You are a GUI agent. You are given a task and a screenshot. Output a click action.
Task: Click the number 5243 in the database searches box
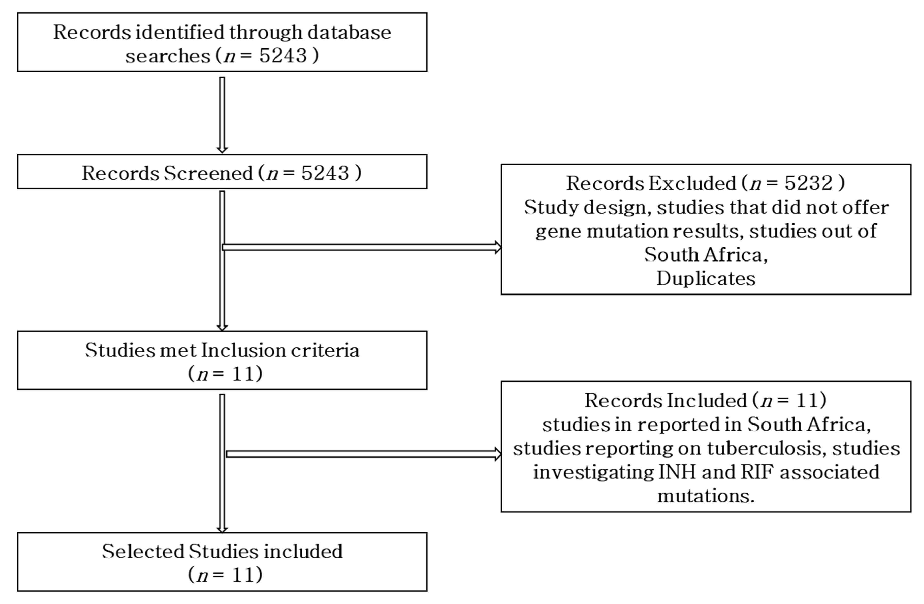283,56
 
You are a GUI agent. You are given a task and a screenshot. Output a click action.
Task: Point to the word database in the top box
349,32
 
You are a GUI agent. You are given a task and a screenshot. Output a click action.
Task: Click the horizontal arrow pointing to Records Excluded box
361,247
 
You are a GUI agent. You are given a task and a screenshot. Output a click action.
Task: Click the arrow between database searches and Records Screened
222,115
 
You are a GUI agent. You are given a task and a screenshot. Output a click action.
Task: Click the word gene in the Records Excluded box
558,231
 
